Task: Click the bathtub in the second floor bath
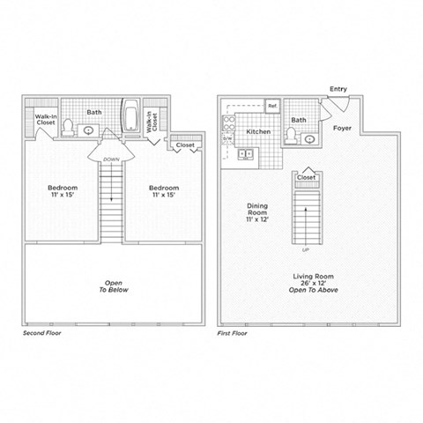[x=131, y=115]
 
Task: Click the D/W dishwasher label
[x=226, y=138]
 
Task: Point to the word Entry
[x=338, y=89]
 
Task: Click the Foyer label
[x=343, y=128]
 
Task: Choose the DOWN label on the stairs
[x=111, y=160]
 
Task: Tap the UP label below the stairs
[x=306, y=249]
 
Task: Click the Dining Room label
[x=257, y=211]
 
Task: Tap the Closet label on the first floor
[x=306, y=177]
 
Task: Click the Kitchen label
[x=257, y=130]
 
